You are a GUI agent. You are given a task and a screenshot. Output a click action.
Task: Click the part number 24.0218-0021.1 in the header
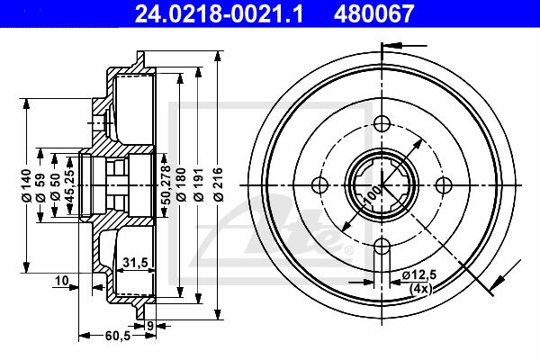click(220, 13)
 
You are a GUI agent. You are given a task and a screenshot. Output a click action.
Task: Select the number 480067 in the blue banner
click(374, 13)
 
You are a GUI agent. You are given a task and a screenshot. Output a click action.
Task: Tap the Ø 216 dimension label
click(219, 184)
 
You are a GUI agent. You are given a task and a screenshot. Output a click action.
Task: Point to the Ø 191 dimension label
click(199, 184)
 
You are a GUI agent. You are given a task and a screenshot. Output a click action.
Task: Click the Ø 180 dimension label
click(181, 184)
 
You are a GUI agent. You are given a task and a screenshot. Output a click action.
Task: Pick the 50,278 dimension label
click(166, 184)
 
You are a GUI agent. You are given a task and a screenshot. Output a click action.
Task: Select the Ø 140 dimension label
click(26, 185)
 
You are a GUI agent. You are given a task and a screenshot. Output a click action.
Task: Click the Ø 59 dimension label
click(40, 187)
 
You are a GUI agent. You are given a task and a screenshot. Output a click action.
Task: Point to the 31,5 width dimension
click(135, 263)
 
